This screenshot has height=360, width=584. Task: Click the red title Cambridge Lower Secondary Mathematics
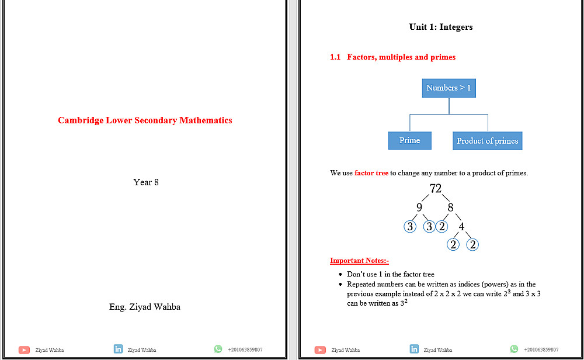(145, 120)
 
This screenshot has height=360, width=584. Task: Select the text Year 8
(146, 182)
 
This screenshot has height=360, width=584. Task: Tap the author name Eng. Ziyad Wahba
(145, 307)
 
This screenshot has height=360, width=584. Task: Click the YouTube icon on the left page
(24, 350)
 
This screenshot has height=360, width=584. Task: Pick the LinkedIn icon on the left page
(118, 349)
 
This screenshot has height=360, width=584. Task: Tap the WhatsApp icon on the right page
(514, 349)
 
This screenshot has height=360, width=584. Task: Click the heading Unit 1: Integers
(441, 27)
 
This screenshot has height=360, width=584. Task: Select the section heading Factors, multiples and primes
(401, 57)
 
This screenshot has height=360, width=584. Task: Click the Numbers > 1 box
(449, 88)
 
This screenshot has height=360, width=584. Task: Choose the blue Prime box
(409, 140)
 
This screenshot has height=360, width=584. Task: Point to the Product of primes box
(488, 141)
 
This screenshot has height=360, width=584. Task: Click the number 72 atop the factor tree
(436, 188)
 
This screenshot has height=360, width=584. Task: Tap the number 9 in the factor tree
(419, 207)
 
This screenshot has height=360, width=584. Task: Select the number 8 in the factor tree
(450, 207)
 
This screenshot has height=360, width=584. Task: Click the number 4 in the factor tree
(461, 227)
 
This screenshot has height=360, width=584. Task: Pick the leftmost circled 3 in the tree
(411, 227)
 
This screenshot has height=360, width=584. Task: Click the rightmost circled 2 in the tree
(472, 245)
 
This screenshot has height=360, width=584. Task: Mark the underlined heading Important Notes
(359, 261)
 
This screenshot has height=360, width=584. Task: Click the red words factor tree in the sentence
(371, 173)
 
